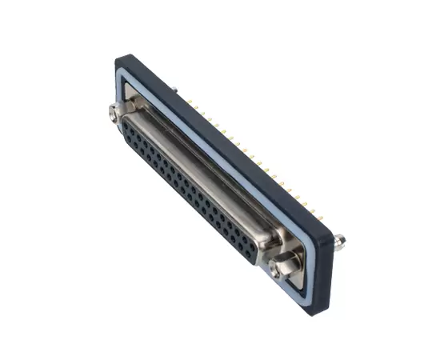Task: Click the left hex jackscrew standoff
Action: coord(113,113)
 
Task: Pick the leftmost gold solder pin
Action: coord(190,102)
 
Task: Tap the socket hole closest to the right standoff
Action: coord(253,254)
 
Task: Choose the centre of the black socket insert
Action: coord(188,192)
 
